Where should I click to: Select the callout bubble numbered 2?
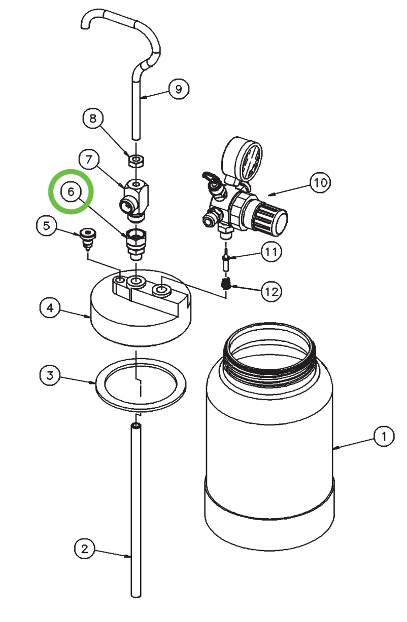(x=85, y=548)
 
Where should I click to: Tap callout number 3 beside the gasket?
(x=50, y=375)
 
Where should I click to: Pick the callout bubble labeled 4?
(x=50, y=307)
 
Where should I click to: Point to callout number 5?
(x=46, y=226)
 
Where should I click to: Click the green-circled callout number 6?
(x=71, y=191)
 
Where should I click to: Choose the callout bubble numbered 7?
(x=89, y=160)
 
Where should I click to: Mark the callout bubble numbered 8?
(x=93, y=119)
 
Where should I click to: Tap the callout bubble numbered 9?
(x=178, y=89)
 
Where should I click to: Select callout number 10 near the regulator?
(x=320, y=182)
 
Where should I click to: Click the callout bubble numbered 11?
(x=271, y=252)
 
